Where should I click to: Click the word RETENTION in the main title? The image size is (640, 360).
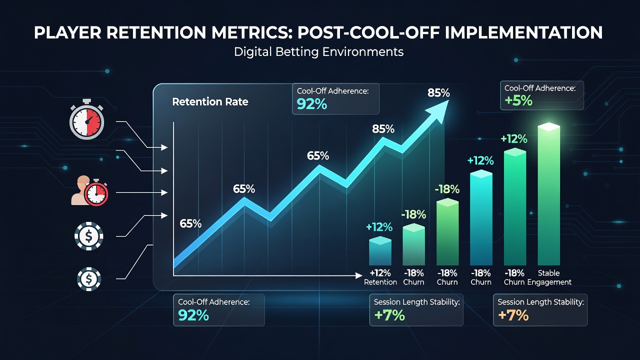(156, 32)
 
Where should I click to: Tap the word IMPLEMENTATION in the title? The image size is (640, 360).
(523, 32)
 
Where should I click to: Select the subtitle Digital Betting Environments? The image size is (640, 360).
(318, 52)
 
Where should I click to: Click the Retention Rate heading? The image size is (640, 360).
(210, 101)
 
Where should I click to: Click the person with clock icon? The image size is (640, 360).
(89, 190)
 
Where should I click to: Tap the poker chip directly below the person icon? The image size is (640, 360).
(88, 236)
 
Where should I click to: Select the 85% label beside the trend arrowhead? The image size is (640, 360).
(438, 93)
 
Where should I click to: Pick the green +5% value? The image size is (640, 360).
(518, 100)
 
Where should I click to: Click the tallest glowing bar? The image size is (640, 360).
(548, 194)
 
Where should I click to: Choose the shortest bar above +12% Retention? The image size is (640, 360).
(380, 251)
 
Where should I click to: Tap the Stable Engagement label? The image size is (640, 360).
(549, 277)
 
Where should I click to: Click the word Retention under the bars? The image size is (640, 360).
(380, 282)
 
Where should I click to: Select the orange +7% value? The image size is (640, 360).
(513, 315)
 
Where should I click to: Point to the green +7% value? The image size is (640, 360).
(389, 315)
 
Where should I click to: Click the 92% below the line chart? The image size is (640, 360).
(193, 315)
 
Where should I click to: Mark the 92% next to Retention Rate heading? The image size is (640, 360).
(311, 104)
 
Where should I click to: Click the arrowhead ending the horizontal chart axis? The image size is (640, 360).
(359, 275)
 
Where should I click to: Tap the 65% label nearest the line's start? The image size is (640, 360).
(190, 223)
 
